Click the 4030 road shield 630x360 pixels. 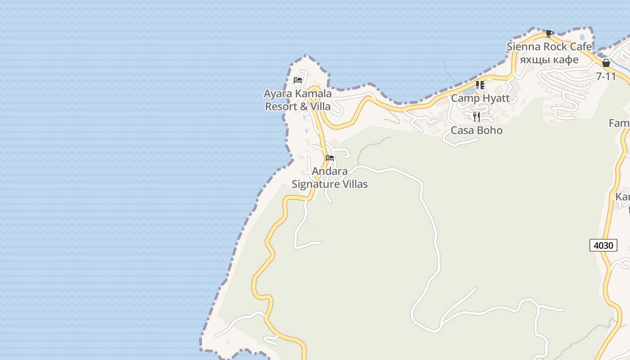(x=603, y=245)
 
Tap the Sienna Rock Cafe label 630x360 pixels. (x=549, y=47)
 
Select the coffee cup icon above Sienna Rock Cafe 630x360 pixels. (x=549, y=33)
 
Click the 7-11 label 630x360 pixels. (x=606, y=76)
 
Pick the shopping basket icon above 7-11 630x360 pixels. (x=606, y=63)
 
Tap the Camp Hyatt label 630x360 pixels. (x=480, y=98)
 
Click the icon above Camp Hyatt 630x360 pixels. (x=480, y=85)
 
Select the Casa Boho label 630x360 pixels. (x=477, y=130)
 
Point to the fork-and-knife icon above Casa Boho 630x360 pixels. (x=477, y=117)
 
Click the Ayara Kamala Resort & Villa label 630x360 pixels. (x=297, y=100)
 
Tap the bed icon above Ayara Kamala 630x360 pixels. (x=298, y=80)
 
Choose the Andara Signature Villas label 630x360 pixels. (x=330, y=178)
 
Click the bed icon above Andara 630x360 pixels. (x=330, y=158)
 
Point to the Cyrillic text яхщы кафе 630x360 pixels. (x=549, y=59)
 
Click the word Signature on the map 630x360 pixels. (x=317, y=184)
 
